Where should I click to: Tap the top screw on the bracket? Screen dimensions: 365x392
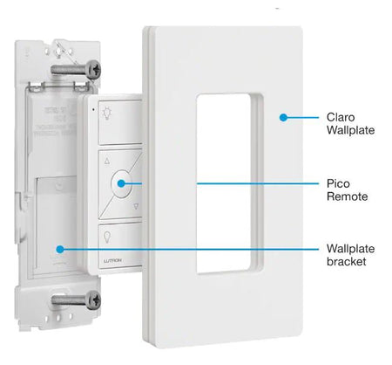click(78, 67)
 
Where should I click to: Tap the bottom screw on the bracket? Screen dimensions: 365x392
click(78, 300)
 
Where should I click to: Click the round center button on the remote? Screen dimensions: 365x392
click(123, 184)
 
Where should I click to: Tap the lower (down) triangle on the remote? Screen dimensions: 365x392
click(137, 208)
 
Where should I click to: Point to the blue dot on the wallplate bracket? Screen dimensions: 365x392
click(60, 249)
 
